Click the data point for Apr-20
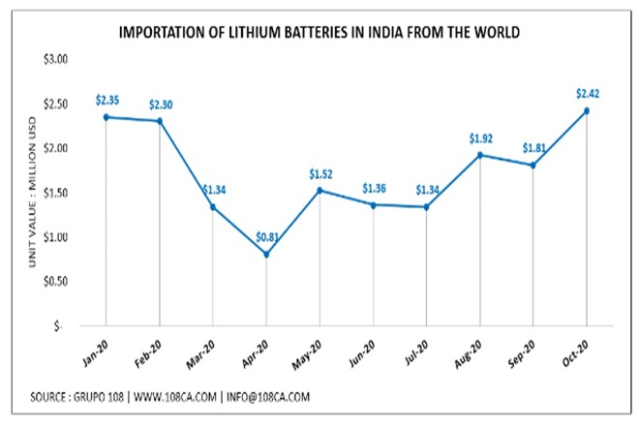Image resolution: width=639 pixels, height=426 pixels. coord(266,255)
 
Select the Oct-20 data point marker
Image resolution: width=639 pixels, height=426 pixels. coord(587,110)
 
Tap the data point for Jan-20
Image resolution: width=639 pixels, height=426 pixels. coord(106,117)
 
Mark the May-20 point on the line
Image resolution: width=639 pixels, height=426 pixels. coord(319,191)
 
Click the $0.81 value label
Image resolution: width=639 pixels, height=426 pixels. coord(266,237)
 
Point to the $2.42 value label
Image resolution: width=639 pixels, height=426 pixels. coord(588,93)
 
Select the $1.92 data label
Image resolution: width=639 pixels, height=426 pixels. coord(480,137)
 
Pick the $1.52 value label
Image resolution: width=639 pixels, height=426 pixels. coord(320,174)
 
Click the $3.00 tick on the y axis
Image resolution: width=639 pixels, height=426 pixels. coord(53,59)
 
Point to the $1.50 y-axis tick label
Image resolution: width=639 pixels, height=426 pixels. coord(53,193)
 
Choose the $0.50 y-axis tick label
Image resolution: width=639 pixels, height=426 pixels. coord(53,282)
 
